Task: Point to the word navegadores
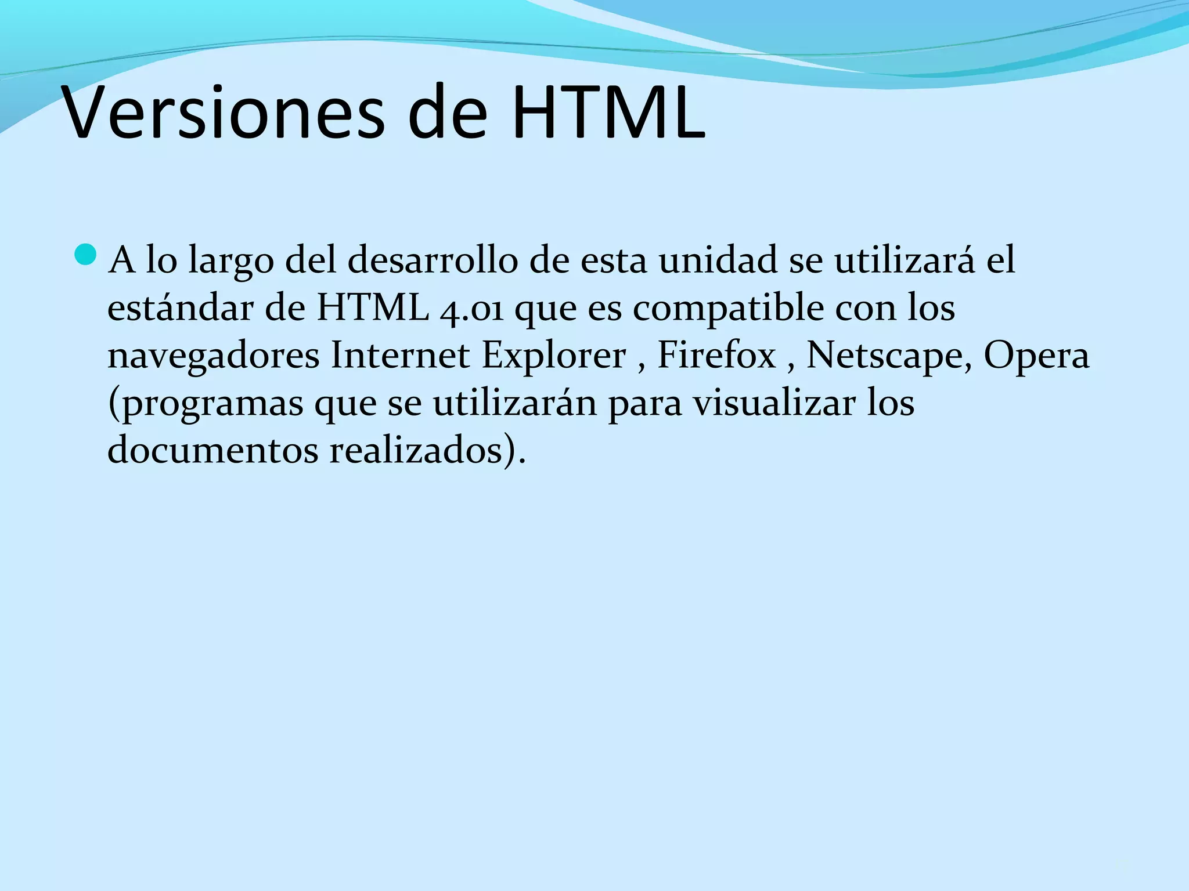point(213,356)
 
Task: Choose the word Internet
point(400,355)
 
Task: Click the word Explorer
point(554,356)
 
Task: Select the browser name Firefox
point(716,355)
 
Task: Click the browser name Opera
point(1036,356)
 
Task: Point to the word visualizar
point(774,403)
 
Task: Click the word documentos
point(213,450)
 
